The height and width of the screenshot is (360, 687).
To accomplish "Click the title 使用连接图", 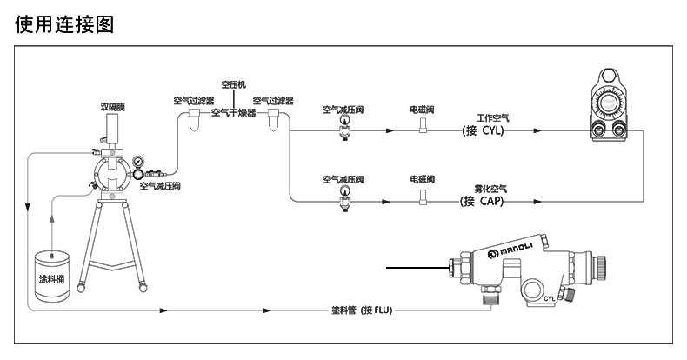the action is tap(64, 23).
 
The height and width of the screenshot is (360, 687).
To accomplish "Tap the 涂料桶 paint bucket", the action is tap(52, 276).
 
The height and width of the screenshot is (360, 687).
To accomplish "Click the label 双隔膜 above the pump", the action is tap(112, 107).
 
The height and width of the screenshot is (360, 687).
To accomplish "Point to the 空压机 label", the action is tap(234, 84).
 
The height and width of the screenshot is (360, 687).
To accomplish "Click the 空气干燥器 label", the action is tap(234, 112).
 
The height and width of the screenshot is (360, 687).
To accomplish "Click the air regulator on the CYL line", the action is tap(345, 129).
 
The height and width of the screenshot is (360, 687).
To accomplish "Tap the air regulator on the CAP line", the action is tap(345, 199).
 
